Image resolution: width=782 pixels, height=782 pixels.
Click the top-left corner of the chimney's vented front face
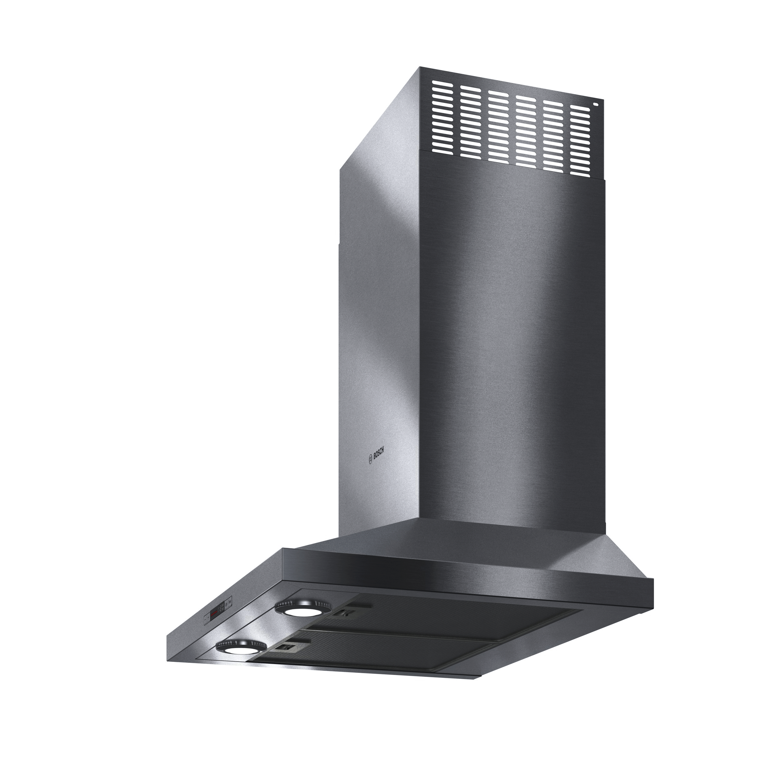[420, 68]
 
